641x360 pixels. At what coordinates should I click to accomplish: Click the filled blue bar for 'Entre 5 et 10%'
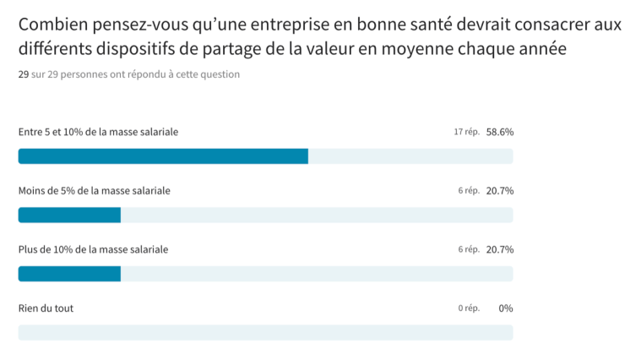click(163, 156)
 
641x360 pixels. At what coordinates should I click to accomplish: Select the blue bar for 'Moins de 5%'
click(69, 215)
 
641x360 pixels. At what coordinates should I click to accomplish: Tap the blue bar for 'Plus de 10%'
click(69, 274)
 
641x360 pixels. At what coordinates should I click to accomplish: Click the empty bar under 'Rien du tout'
click(265, 332)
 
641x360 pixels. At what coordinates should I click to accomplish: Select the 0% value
click(506, 308)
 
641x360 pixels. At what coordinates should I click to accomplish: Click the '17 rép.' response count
click(466, 132)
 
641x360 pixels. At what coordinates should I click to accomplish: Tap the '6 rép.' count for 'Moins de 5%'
click(469, 191)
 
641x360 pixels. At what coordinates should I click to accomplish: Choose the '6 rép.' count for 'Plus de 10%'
click(469, 249)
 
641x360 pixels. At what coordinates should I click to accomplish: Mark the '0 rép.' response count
click(469, 308)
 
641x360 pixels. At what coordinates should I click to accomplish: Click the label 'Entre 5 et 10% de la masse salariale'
click(98, 132)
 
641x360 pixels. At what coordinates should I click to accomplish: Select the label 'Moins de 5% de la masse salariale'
click(95, 191)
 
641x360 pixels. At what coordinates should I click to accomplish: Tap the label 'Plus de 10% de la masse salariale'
click(93, 249)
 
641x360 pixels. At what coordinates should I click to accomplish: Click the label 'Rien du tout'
click(46, 308)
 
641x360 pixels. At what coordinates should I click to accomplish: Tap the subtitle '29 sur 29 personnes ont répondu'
click(128, 74)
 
